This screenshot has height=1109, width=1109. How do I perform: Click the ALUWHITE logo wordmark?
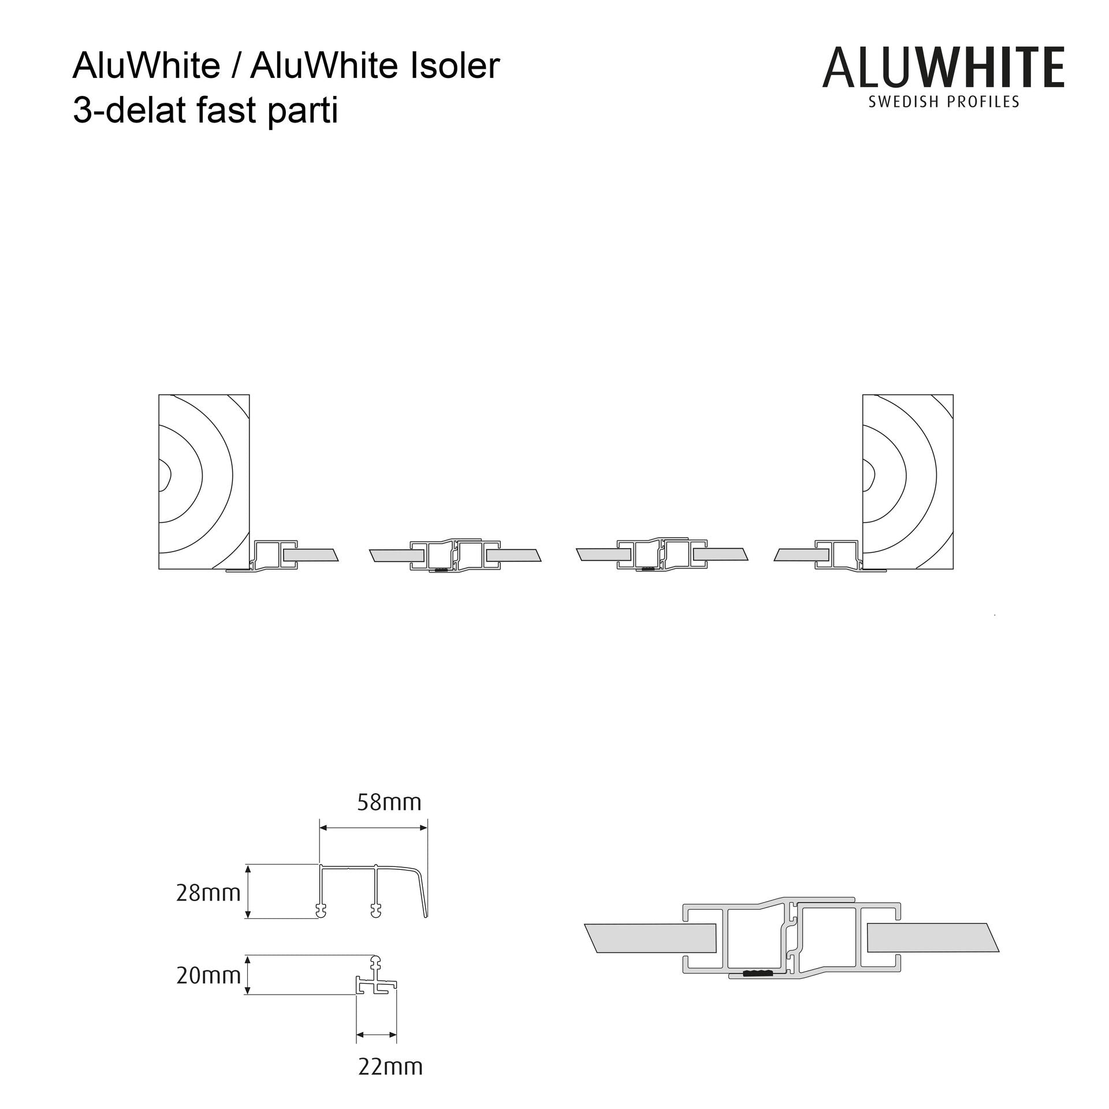click(x=943, y=68)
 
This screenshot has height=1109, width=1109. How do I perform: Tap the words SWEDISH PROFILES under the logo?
click(x=944, y=102)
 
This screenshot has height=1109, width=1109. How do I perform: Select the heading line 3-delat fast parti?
click(x=205, y=111)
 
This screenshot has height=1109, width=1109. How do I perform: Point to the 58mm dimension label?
click(x=389, y=802)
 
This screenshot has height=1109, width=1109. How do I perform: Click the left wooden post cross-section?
click(x=204, y=482)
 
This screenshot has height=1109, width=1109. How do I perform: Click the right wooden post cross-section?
click(x=907, y=482)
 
